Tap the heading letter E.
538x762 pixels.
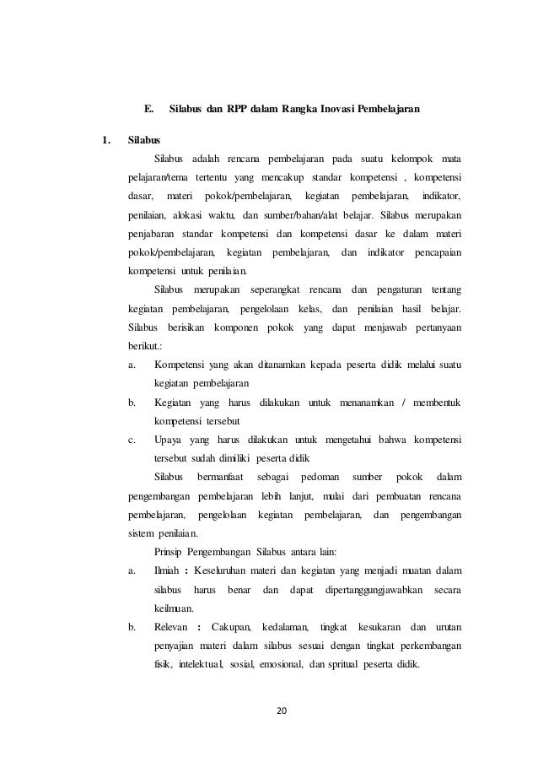[148, 109]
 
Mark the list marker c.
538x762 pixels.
[132, 440]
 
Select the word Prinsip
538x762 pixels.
[172, 552]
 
